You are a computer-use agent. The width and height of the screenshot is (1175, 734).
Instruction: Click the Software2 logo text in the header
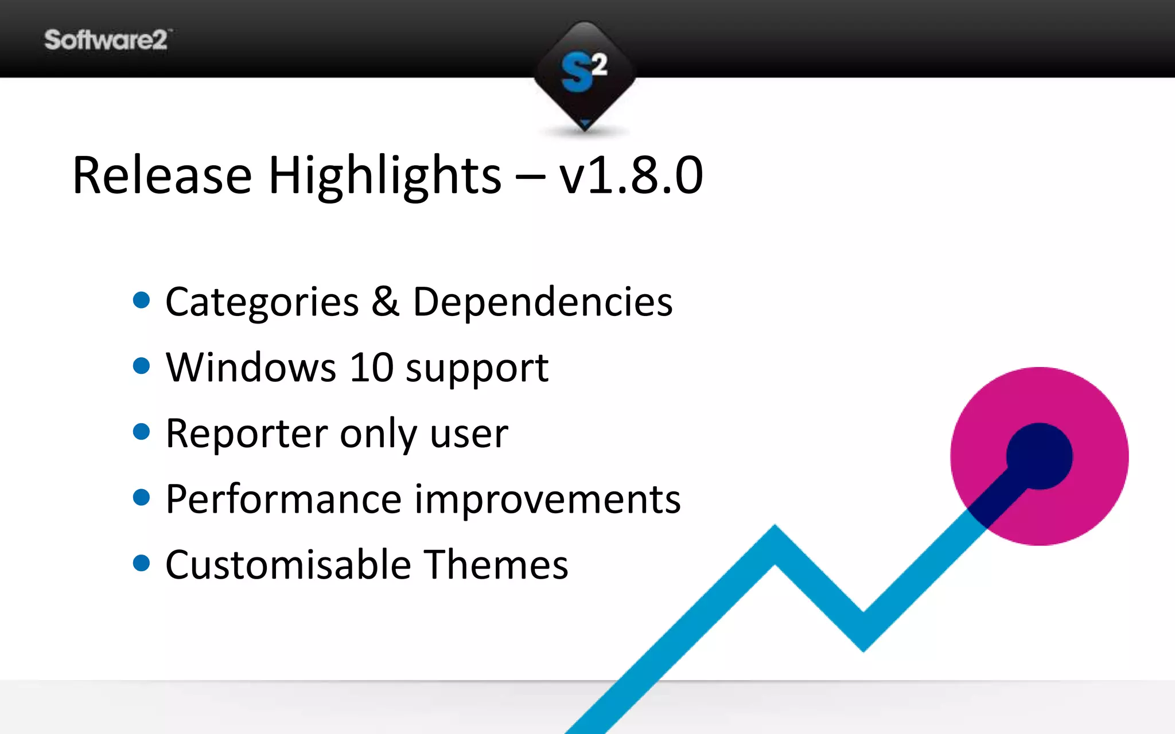[x=106, y=40]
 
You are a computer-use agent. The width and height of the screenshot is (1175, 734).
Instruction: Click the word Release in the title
[x=162, y=175]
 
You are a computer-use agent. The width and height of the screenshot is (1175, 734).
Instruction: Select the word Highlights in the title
[x=384, y=177]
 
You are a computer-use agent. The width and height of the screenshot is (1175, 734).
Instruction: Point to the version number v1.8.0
[x=631, y=175]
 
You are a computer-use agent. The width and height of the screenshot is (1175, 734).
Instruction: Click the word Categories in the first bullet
[x=262, y=303]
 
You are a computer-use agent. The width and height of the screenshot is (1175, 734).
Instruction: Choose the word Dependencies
[x=542, y=303]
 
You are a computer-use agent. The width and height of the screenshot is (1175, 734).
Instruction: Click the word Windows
[x=251, y=368]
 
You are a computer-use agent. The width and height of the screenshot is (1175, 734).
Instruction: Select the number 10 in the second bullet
[x=371, y=368]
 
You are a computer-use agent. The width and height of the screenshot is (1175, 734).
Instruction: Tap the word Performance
[x=283, y=499]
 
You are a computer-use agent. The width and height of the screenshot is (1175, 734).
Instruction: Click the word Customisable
[x=288, y=565]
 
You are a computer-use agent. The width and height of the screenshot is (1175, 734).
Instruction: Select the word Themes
[x=496, y=565]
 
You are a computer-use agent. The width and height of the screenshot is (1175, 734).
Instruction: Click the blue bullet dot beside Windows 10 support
[x=141, y=366]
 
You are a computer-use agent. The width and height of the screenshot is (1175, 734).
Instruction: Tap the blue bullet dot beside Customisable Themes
[x=141, y=563]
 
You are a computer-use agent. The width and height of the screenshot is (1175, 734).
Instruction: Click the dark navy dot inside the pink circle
[x=1039, y=456]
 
